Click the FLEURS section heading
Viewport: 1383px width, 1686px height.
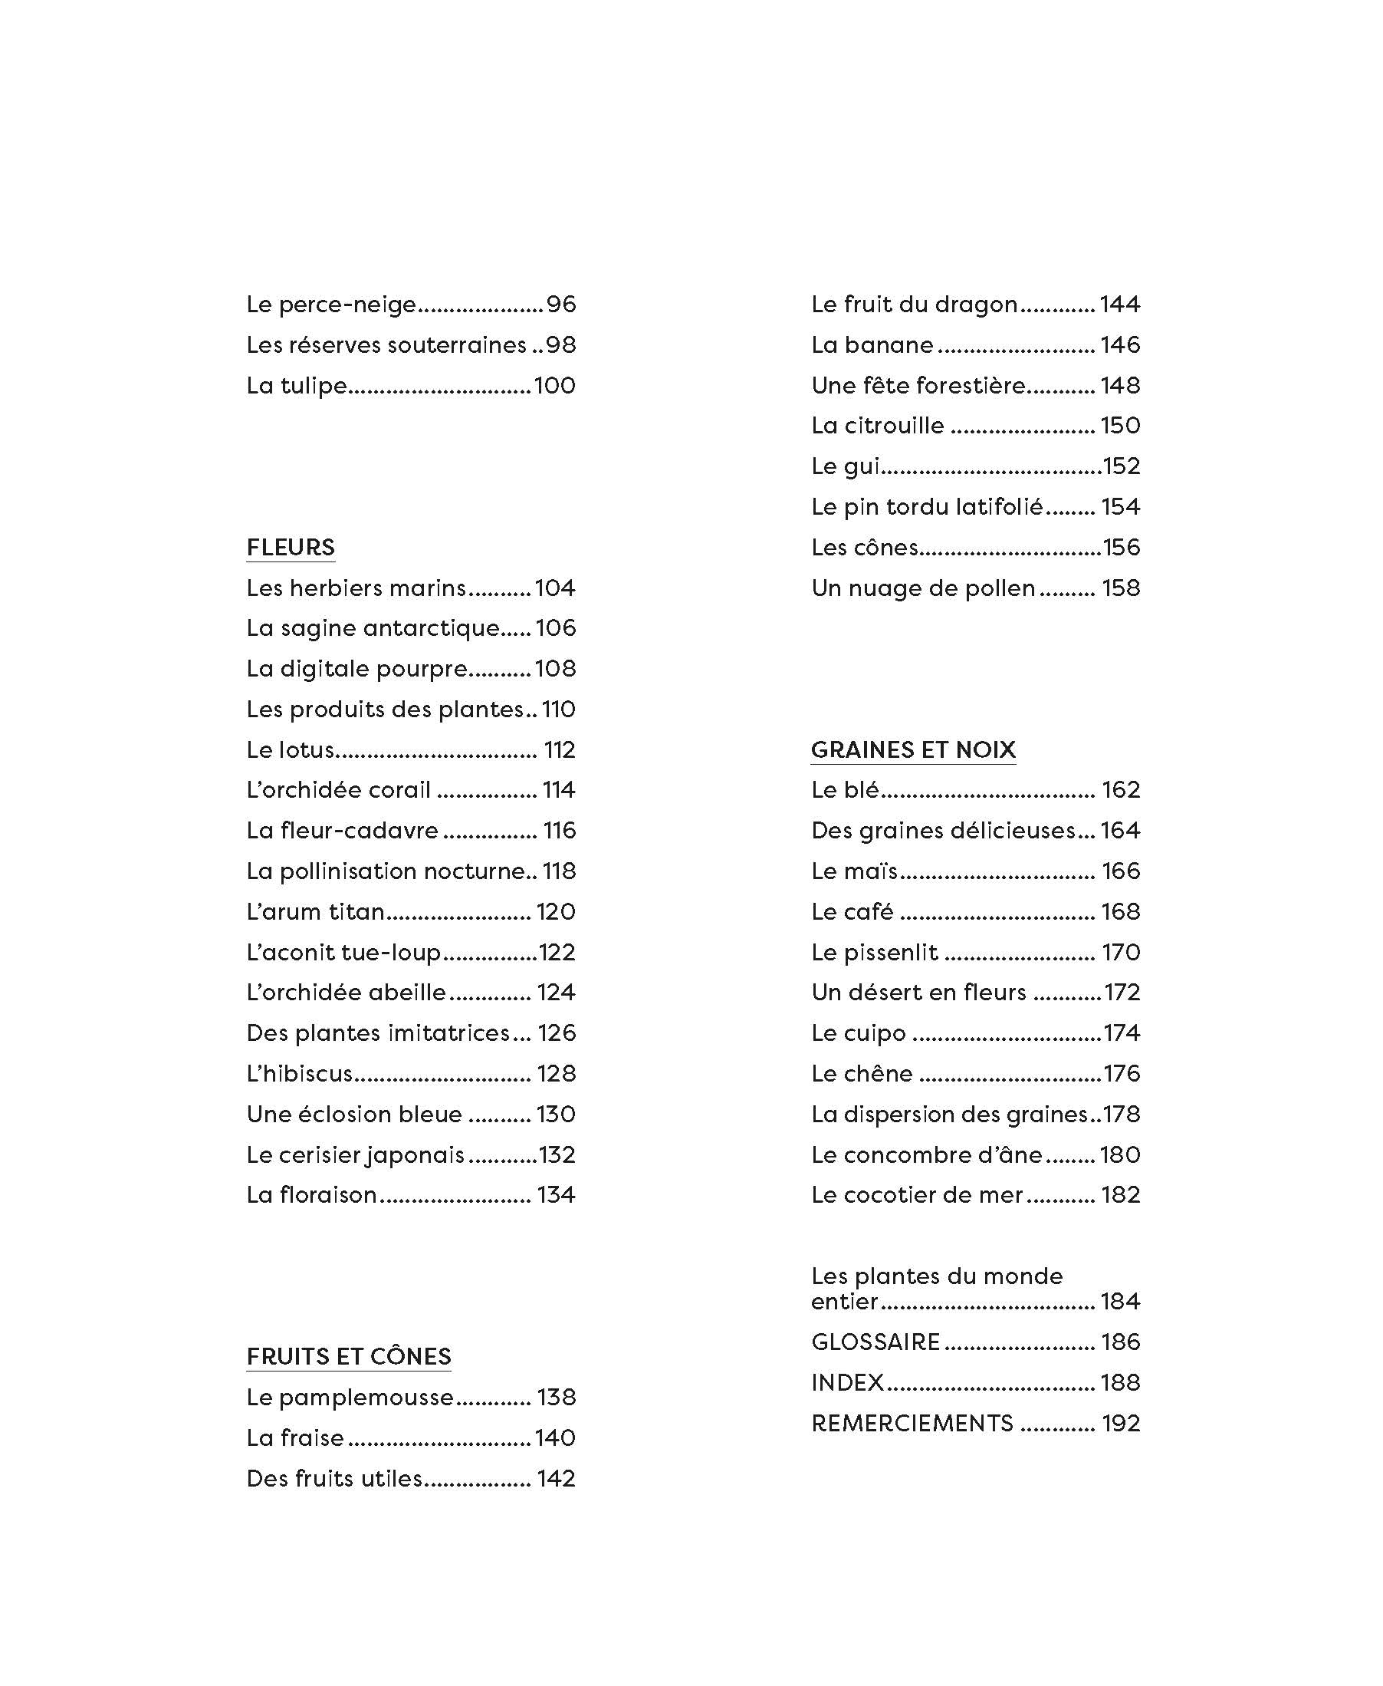290,547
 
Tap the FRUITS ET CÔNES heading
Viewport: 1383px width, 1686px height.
348,1356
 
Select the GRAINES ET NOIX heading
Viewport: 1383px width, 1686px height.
913,749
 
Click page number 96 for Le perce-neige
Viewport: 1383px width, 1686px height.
561,305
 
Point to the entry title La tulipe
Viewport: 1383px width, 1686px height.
297,386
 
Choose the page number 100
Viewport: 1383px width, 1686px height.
554,386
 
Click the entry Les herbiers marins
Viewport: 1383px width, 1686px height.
355,588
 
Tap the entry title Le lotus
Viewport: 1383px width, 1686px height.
290,750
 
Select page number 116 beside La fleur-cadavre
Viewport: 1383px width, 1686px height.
559,831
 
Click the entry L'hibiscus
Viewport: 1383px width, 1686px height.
299,1074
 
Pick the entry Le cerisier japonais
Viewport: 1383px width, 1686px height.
355,1155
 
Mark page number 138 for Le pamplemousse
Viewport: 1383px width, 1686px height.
556,1398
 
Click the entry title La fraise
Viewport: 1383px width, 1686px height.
294,1438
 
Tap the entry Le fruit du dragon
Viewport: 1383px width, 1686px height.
915,305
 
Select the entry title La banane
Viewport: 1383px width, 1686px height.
872,345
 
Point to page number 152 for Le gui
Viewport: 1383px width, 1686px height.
1122,466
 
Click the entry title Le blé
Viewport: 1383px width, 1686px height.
845,790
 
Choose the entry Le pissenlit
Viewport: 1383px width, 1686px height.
875,953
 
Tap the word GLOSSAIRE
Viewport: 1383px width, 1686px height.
875,1342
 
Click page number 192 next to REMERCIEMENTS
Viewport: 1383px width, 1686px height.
1121,1424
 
